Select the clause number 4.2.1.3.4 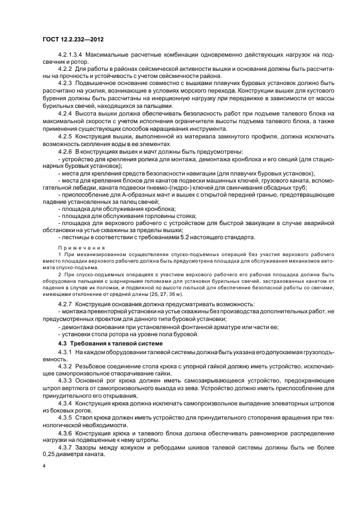(70, 56)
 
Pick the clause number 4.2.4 (65, 112)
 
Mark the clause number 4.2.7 (65, 303)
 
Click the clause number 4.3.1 (65, 353)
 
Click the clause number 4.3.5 (65, 416)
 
